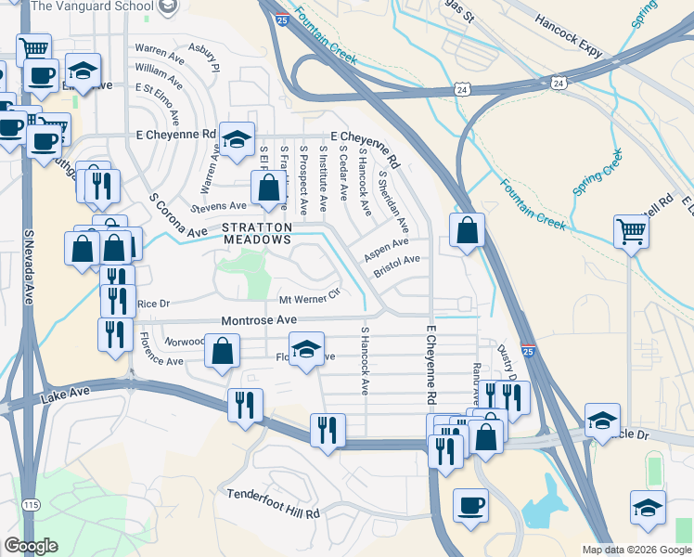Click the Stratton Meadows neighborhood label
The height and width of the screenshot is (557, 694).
click(257, 233)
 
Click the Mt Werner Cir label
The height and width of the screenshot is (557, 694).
click(311, 301)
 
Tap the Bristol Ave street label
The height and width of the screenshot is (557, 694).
click(397, 266)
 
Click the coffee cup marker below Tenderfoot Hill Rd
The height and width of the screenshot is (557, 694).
click(470, 506)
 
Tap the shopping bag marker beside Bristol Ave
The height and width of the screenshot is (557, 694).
click(467, 230)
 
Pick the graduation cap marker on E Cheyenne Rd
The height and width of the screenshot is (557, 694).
click(237, 139)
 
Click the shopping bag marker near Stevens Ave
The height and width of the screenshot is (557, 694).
click(268, 188)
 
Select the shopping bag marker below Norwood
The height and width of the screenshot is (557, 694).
click(223, 353)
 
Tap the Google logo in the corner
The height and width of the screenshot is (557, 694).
click(31, 546)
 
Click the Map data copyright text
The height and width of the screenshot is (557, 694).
click(636, 550)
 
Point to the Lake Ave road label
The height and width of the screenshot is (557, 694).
click(66, 397)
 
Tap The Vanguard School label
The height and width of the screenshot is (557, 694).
click(92, 6)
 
